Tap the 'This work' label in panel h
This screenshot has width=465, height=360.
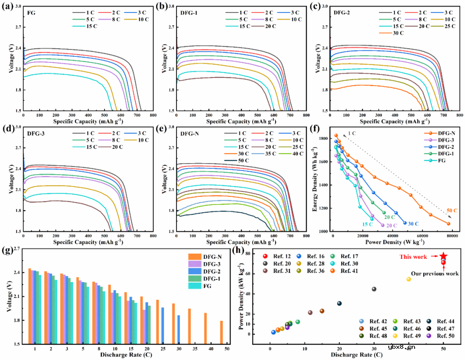[413, 257]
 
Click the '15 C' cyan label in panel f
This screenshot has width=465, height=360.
[367, 224]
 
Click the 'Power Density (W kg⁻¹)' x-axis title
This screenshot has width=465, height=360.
[390, 242]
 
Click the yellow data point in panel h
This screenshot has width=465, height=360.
[409, 279]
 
